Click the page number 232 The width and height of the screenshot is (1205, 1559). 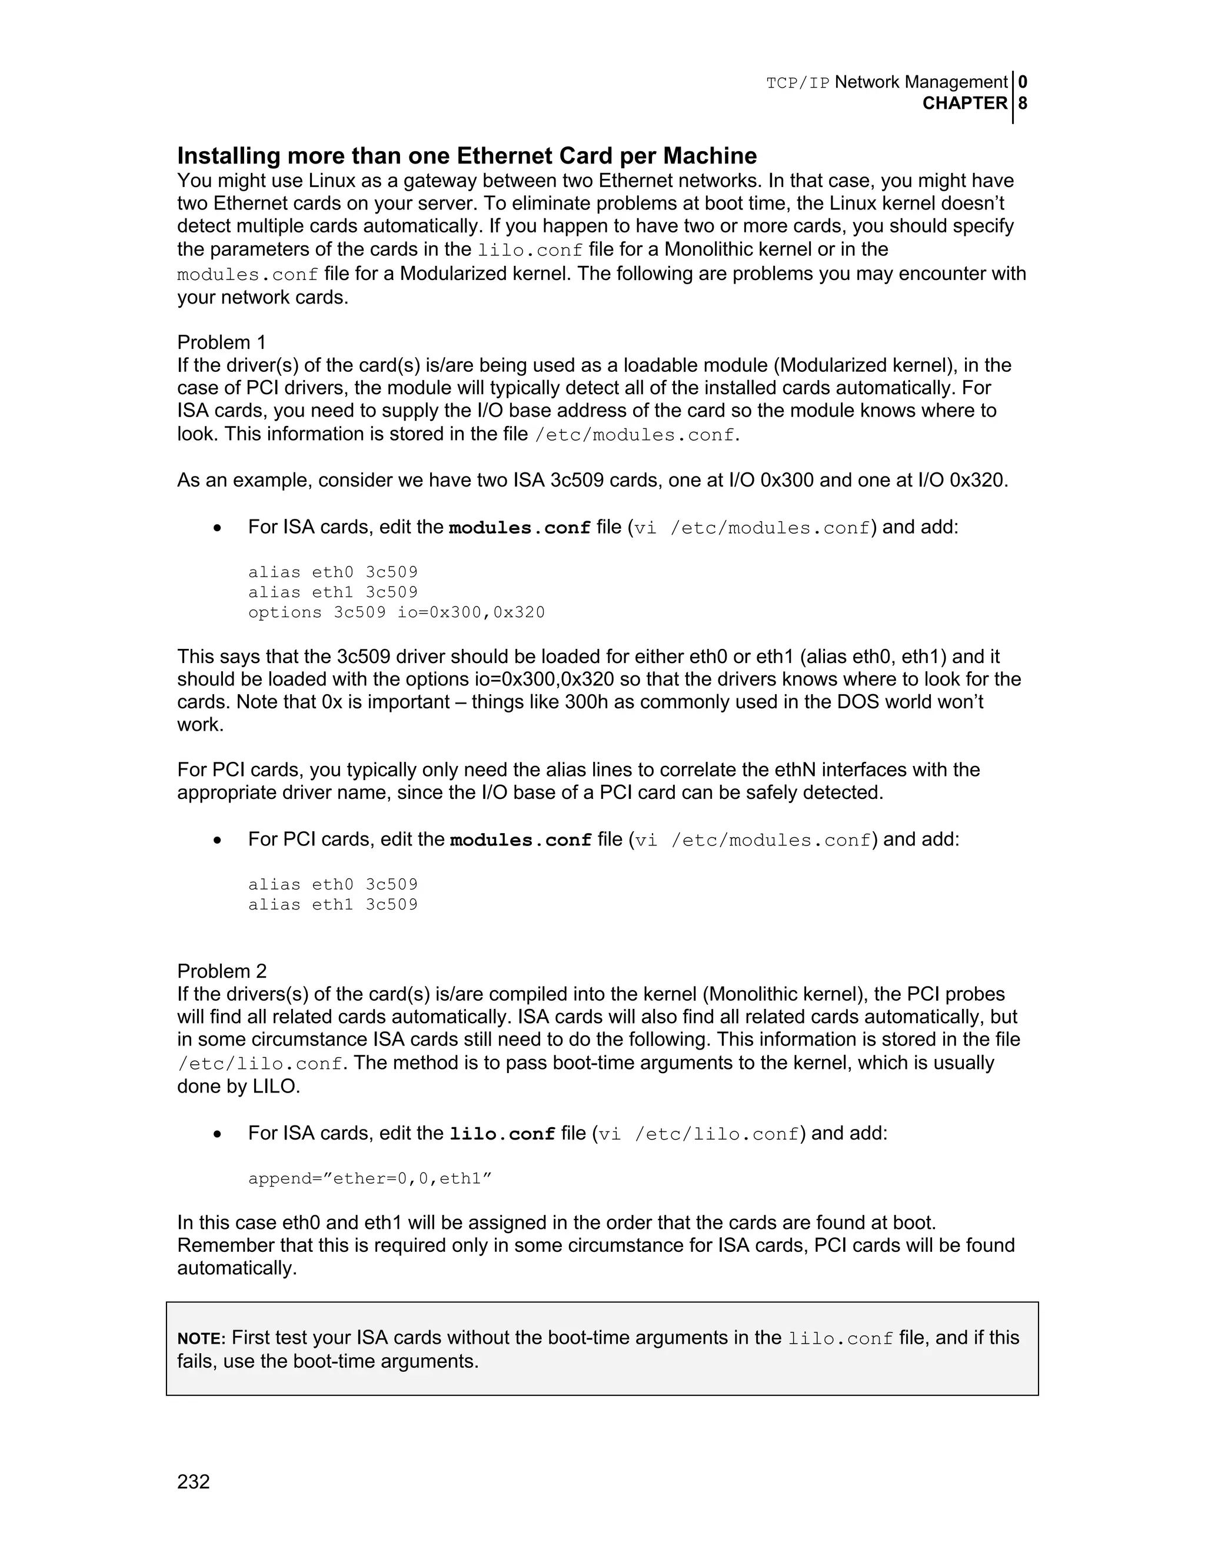[x=194, y=1482]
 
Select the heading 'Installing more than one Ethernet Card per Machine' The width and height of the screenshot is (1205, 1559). [x=467, y=156]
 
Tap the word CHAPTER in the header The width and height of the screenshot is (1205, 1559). [x=964, y=104]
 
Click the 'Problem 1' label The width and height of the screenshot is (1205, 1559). [x=221, y=342]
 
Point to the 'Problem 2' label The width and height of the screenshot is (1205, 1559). [x=222, y=971]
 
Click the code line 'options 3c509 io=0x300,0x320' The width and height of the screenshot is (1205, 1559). [x=396, y=612]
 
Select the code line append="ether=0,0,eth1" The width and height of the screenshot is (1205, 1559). [x=370, y=1178]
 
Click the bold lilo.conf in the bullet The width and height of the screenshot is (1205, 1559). [x=502, y=1134]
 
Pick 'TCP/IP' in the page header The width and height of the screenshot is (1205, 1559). [x=797, y=83]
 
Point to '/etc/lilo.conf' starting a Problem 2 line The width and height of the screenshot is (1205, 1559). [x=260, y=1064]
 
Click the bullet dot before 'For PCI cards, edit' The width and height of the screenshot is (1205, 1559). [x=217, y=840]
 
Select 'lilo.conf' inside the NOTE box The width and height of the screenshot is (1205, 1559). [x=840, y=1338]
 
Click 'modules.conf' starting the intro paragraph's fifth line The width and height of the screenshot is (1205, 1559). [x=247, y=275]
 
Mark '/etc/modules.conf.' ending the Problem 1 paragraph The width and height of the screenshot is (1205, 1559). [x=637, y=435]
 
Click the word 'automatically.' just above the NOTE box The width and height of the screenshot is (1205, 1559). [x=237, y=1268]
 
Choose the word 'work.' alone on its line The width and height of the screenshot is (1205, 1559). [x=201, y=725]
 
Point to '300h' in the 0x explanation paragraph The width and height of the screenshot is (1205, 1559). [x=586, y=702]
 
